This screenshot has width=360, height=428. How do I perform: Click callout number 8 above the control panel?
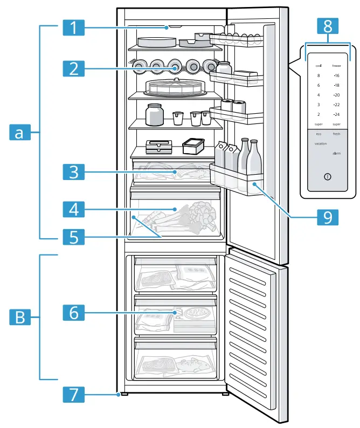click(328, 25)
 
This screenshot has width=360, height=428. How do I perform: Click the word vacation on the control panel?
click(322, 144)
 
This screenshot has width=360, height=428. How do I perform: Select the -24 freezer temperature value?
click(336, 114)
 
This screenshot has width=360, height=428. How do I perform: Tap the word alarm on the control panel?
click(336, 154)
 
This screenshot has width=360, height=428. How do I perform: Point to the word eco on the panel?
click(319, 134)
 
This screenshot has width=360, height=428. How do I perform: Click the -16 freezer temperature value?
click(336, 75)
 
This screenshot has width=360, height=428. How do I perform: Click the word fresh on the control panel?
click(336, 134)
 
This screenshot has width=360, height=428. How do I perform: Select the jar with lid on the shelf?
click(154, 114)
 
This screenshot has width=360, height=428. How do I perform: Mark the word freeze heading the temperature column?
click(336, 65)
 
